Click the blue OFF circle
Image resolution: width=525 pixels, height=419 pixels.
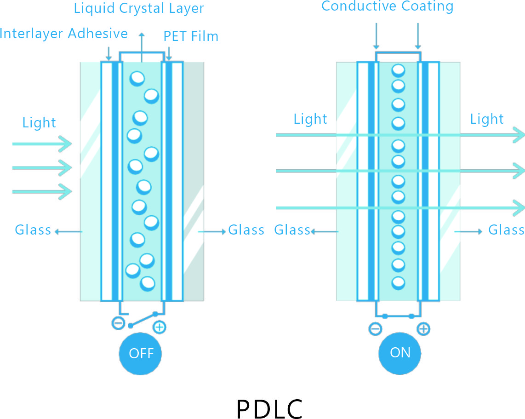140,353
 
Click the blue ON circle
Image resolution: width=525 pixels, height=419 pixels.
400,353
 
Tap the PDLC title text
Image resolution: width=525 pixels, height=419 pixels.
269,408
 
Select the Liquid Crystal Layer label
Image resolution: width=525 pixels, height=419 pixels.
139,8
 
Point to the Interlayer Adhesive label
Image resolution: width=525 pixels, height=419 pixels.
64,34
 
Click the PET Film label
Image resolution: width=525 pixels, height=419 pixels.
191,36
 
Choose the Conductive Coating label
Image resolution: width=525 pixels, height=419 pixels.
388,6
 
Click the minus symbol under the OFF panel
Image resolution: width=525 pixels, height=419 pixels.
118,323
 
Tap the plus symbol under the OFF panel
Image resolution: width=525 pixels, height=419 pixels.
159,327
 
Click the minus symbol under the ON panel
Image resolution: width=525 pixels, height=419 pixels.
375,328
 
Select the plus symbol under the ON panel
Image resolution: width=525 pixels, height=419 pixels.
423,328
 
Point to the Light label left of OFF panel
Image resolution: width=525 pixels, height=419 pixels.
39,123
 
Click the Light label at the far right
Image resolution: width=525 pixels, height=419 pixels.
487,119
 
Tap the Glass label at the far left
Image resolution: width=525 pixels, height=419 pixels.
33,230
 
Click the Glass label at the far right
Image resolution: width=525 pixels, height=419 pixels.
506,230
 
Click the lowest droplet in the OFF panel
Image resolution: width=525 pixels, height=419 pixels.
148,283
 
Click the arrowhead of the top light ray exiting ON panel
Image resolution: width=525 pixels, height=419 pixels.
519,134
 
